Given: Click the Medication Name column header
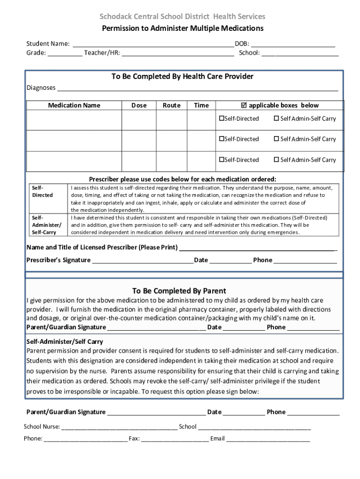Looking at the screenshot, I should coord(74,105).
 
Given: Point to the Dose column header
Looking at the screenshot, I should coord(139,105).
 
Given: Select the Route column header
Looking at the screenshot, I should coord(172,105).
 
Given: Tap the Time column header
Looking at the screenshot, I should coord(201,105).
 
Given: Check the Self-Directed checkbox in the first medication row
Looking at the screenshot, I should coord(222,119).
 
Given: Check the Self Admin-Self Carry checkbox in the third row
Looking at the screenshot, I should coord(276,160).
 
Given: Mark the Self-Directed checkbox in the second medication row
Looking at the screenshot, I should coord(222,139).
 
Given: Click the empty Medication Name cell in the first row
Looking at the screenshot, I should coord(74,120).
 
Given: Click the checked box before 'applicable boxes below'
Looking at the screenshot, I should coord(244,105).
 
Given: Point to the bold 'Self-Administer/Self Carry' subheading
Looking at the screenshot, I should coord(65,342).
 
